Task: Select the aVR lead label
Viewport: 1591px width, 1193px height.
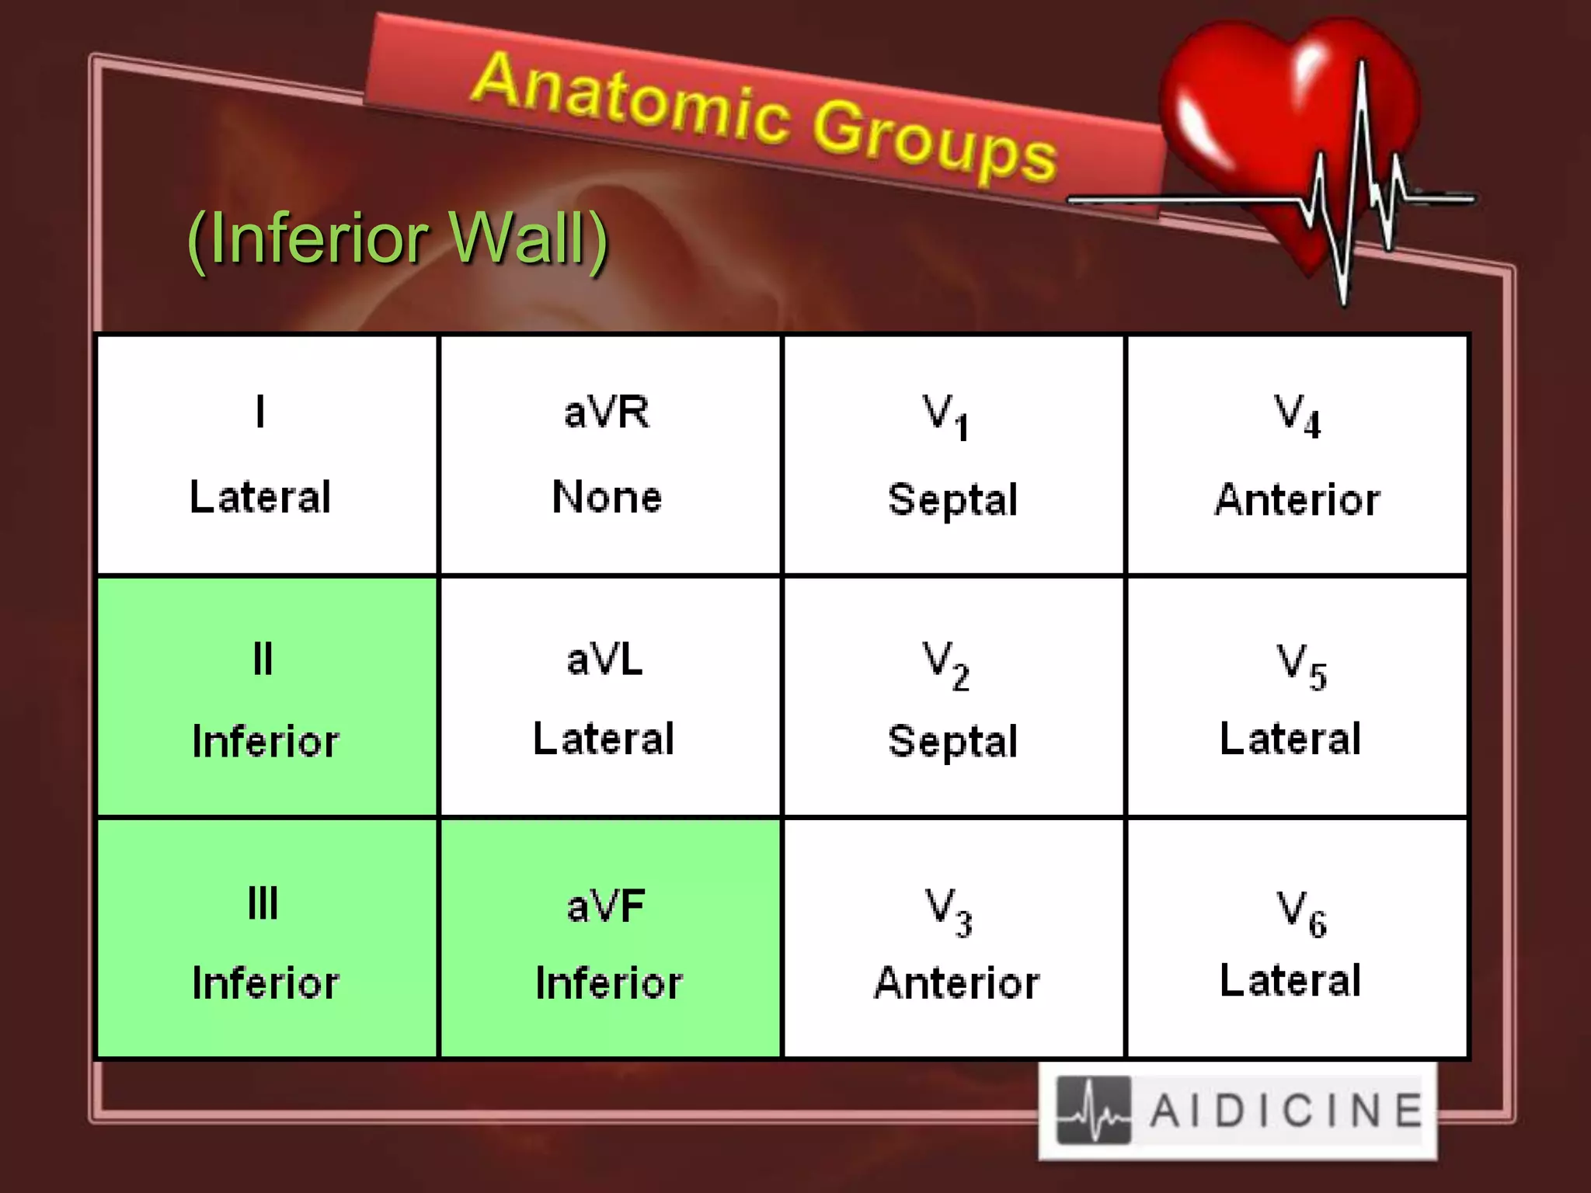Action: point(607,412)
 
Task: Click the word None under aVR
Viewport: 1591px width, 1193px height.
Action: point(607,497)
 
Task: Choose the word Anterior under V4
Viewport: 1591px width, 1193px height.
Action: point(1297,499)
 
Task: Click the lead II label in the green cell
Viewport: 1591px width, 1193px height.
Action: point(263,659)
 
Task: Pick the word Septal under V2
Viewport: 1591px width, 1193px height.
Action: point(952,741)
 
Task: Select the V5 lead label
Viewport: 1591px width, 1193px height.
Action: point(1301,666)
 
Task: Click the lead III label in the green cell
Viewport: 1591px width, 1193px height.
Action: point(263,903)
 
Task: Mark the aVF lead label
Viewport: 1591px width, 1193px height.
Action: point(606,906)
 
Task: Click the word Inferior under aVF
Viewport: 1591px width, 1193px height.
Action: point(609,983)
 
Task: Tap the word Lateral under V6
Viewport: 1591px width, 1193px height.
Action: point(1290,980)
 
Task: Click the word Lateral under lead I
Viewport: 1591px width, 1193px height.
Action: point(260,497)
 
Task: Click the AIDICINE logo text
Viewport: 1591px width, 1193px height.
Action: point(1286,1110)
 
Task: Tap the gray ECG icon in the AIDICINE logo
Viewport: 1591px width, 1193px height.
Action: point(1093,1111)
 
